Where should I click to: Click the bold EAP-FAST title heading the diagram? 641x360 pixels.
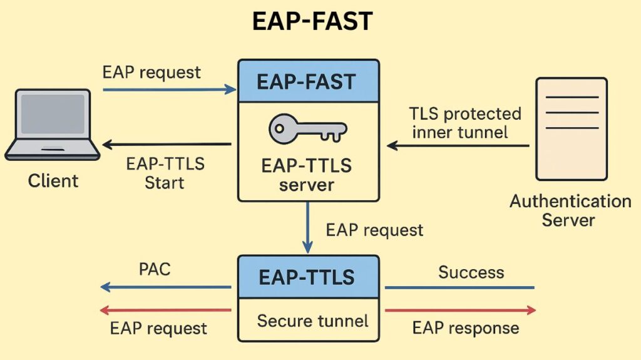tap(312, 22)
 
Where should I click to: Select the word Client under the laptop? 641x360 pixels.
tap(53, 182)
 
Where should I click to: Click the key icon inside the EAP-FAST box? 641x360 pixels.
tap(307, 130)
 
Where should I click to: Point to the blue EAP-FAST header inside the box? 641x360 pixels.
tap(308, 81)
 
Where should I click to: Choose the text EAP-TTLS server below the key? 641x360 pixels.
tap(307, 175)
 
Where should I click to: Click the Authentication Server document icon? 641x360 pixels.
tap(571, 128)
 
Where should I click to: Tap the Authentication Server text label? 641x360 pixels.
tap(570, 210)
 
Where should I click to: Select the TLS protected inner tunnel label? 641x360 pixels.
tap(465, 123)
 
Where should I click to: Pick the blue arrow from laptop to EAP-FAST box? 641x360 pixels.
tap(169, 90)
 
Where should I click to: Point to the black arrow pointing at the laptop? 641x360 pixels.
tap(166, 145)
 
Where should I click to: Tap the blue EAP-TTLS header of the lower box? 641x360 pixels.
tap(307, 276)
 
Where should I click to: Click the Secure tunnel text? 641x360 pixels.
tap(312, 321)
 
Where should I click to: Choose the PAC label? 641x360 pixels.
tap(154, 270)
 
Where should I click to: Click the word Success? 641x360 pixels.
tap(471, 272)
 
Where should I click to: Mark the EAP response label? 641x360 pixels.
tap(465, 327)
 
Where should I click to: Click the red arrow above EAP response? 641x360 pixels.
tap(460, 310)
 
